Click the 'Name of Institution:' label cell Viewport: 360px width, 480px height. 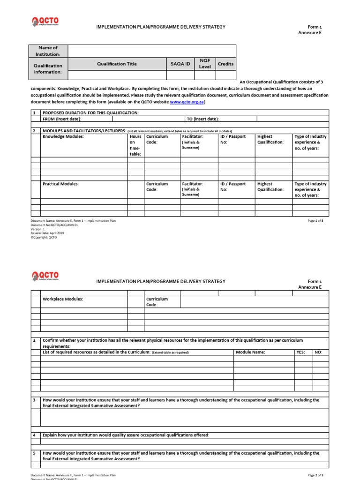point(48,51)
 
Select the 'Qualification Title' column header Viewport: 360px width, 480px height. point(117,64)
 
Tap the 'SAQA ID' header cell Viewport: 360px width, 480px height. point(180,64)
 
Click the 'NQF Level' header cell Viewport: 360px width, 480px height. point(205,64)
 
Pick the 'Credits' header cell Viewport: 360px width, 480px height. point(225,64)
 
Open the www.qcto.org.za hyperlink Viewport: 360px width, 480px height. point(187,102)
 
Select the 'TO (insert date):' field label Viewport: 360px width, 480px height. point(202,119)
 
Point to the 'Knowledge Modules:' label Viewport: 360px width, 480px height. point(63,137)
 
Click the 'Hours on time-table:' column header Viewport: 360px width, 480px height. point(135,145)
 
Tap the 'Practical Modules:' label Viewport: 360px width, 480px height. point(61,184)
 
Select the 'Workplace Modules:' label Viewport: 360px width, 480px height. point(63,299)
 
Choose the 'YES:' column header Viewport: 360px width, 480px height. point(300,352)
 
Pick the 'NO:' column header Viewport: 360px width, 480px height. point(319,352)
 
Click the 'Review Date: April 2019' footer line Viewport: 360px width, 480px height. point(47,233)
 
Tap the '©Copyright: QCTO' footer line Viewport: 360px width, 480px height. point(44,237)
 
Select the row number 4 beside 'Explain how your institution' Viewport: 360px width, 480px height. point(34,435)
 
